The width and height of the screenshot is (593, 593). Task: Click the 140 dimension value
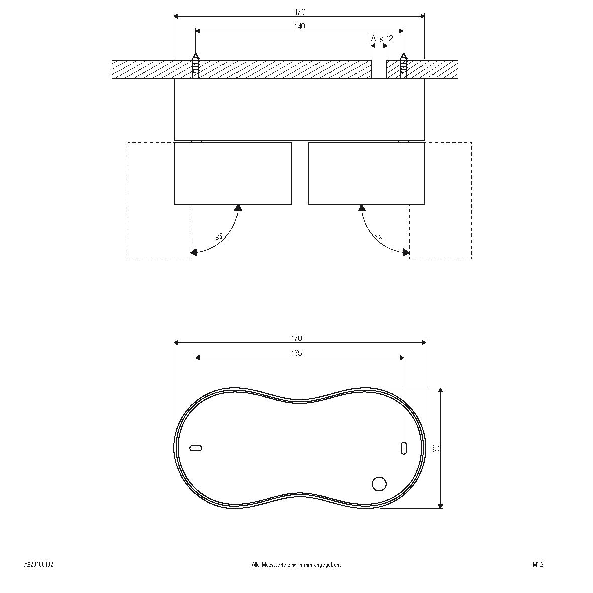[299, 27]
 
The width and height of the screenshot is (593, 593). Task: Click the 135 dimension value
[296, 353]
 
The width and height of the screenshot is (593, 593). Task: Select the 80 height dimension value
[436, 448]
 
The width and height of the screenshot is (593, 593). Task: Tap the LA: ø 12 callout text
[380, 38]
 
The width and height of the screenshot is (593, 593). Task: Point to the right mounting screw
[403, 66]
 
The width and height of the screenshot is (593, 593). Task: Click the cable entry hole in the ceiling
[379, 69]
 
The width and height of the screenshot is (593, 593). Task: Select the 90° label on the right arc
[379, 236]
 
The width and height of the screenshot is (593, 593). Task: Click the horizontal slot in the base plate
[196, 448]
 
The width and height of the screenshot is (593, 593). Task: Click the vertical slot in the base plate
[404, 448]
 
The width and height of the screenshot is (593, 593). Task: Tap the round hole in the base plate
[379, 484]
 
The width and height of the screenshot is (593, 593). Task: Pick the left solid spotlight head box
[232, 173]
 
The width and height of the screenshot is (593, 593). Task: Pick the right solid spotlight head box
[366, 173]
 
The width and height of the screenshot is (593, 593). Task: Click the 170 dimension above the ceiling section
[300, 12]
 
